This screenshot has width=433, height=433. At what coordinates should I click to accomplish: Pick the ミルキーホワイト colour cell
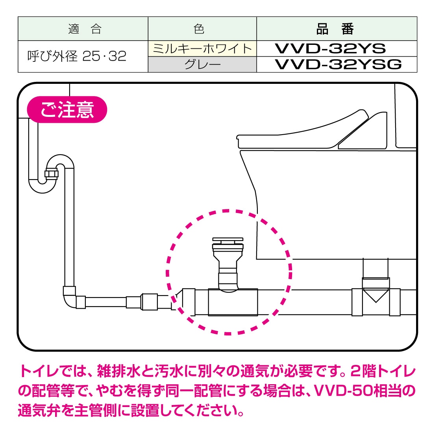coord(202,49)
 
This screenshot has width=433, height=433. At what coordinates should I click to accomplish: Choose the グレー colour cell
coord(202,65)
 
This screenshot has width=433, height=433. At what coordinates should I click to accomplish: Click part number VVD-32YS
coord(330,48)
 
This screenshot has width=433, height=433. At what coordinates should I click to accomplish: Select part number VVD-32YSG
coord(338,64)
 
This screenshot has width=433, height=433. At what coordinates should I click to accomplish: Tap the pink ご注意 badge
coord(67,109)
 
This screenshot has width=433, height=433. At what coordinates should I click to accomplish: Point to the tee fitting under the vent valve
coord(233,302)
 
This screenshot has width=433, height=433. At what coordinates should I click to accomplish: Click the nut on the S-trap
coord(52,174)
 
